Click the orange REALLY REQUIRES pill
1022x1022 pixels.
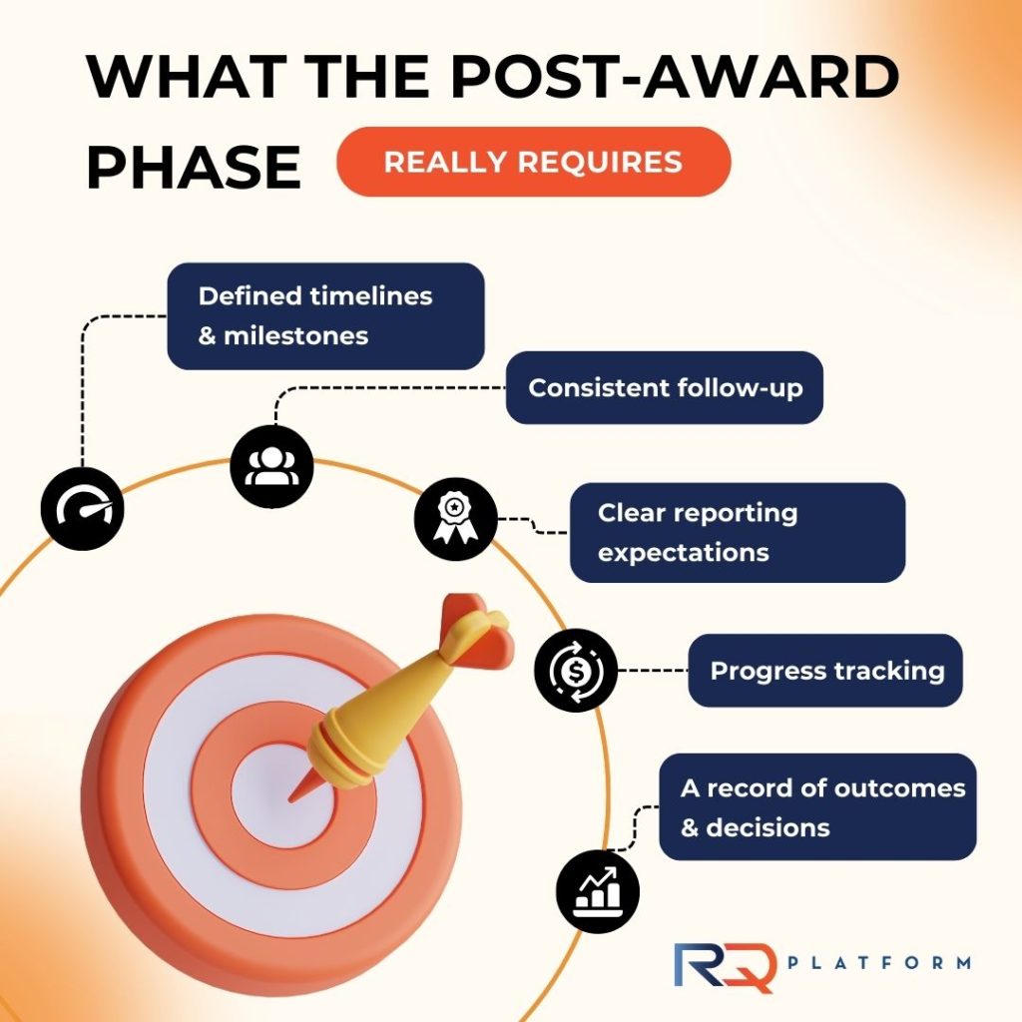[533, 162]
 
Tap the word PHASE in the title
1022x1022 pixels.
[194, 168]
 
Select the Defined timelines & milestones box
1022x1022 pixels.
[326, 316]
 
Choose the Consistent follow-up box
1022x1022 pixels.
[664, 388]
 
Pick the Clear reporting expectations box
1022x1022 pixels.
[738, 533]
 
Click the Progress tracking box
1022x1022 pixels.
[825, 670]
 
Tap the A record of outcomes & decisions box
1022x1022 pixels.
[817, 806]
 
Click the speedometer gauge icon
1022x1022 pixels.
[82, 509]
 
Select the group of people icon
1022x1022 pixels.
[271, 467]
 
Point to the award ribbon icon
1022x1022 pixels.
[455, 519]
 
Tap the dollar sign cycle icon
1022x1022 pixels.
[576, 670]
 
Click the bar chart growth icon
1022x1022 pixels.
[598, 891]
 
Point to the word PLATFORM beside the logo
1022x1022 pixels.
[879, 963]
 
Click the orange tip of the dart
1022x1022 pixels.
[289, 800]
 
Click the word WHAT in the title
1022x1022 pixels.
[187, 76]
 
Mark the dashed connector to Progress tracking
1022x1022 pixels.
[653, 670]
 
